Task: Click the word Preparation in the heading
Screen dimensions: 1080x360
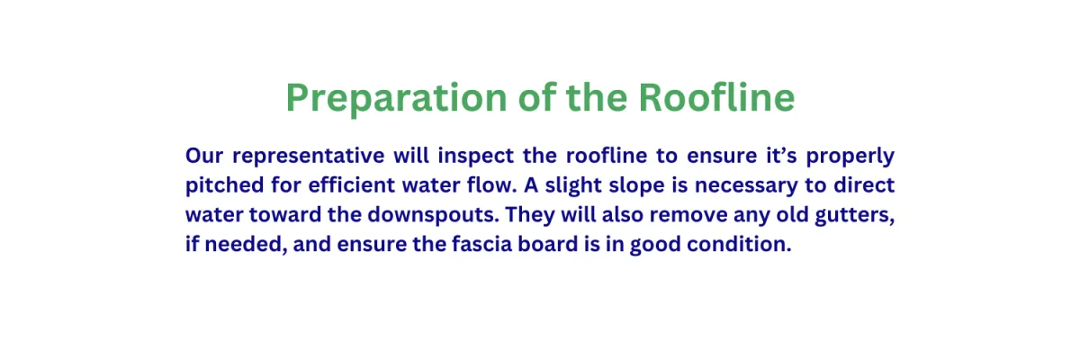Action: [396, 99]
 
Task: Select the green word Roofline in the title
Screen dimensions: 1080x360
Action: [716, 97]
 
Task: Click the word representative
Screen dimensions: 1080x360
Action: [309, 156]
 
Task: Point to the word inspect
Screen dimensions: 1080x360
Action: [476, 156]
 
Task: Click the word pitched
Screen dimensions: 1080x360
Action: [225, 185]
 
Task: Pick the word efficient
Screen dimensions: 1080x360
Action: [352, 184]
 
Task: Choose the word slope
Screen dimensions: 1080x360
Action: [636, 185]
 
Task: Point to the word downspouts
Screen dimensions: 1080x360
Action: [433, 215]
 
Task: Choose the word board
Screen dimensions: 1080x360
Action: [548, 243]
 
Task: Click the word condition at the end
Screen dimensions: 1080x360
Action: [739, 243]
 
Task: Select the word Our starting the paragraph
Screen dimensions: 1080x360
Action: [204, 156]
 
